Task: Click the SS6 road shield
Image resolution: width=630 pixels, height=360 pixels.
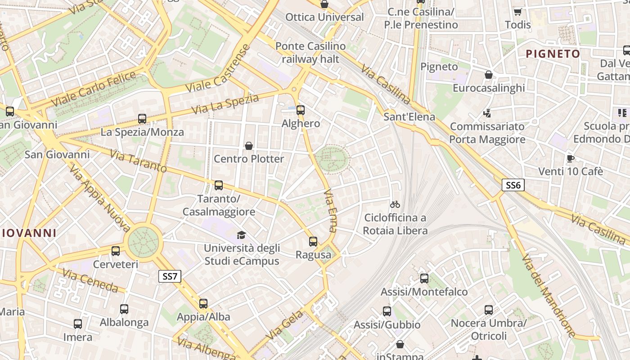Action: click(x=513, y=185)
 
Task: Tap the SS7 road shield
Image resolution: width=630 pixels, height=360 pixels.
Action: click(x=170, y=276)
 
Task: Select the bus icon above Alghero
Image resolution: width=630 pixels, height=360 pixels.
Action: click(x=301, y=110)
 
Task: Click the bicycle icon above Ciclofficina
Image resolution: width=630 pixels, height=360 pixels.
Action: click(x=395, y=204)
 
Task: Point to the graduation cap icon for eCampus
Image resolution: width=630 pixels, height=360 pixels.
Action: click(x=242, y=235)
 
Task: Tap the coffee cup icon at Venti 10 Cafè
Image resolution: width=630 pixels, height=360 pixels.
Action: click(x=571, y=158)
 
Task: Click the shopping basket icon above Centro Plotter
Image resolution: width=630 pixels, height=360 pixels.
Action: click(x=248, y=146)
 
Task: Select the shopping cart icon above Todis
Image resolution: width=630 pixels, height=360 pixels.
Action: click(x=518, y=12)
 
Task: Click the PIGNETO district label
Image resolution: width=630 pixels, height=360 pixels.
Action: click(x=553, y=54)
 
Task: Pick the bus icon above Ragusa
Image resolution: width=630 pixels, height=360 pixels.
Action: click(x=313, y=242)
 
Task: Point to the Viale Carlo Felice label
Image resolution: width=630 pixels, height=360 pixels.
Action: click(x=94, y=89)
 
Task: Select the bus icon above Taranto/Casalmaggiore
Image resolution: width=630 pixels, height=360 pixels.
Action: click(x=219, y=185)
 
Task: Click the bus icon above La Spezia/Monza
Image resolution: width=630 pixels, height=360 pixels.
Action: click(x=142, y=119)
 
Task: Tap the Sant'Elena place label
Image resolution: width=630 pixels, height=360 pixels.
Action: click(x=409, y=117)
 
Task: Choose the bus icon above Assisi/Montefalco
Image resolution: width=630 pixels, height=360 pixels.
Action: click(x=424, y=279)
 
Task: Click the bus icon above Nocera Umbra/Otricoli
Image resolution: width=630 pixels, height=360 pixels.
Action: click(x=489, y=310)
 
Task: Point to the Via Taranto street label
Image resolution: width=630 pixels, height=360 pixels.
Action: click(x=138, y=162)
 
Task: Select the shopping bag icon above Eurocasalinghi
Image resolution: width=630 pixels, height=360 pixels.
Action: click(x=489, y=74)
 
